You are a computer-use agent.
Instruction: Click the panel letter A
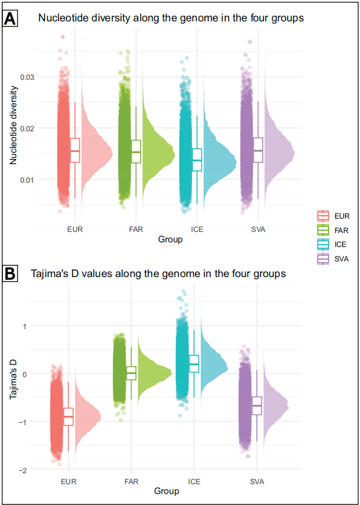(x=11, y=19)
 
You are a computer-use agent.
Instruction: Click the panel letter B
(x=11, y=274)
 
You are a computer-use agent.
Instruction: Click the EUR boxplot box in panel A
(x=75, y=150)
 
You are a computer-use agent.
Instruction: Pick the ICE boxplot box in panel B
(x=194, y=363)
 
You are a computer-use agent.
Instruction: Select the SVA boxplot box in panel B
(x=257, y=406)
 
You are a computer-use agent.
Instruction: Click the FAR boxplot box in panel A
(x=136, y=152)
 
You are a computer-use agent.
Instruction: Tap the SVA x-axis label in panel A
(x=257, y=229)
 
